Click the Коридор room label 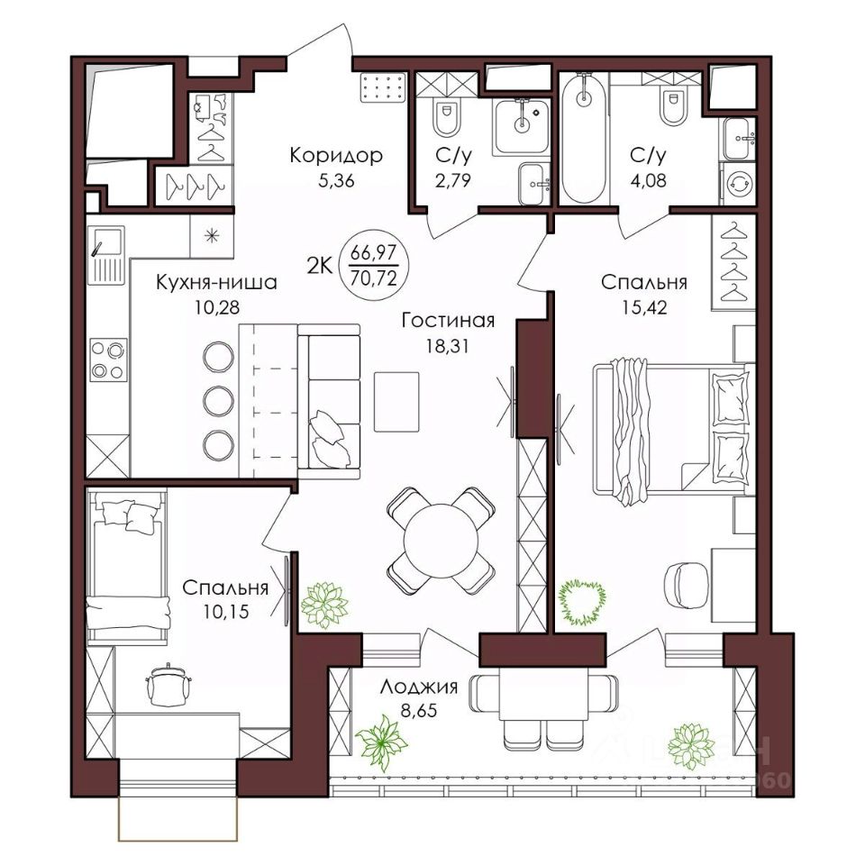(x=336, y=155)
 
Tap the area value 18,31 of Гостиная (x=447, y=345)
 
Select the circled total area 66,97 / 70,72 (x=374, y=265)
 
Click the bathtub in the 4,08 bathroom (x=584, y=139)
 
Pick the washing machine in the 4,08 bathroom (x=737, y=184)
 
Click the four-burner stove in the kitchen (x=108, y=360)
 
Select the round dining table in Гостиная (x=442, y=541)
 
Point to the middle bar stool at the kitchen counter (x=218, y=401)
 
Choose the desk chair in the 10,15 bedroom (x=168, y=684)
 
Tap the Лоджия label (x=419, y=687)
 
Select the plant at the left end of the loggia (x=382, y=742)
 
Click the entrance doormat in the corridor (x=383, y=87)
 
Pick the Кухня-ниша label (x=216, y=282)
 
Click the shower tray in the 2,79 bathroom (x=522, y=126)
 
